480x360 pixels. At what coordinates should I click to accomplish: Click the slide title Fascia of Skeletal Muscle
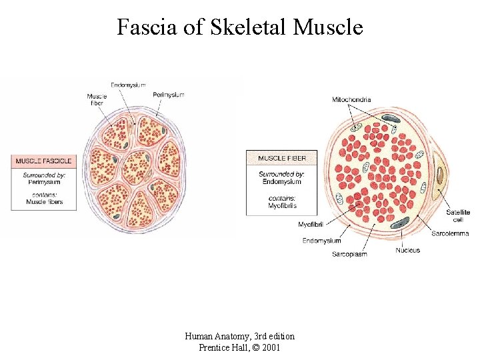tap(240, 27)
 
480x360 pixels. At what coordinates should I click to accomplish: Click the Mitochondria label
tap(351, 100)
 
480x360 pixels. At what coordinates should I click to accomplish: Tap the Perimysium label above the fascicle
tap(168, 95)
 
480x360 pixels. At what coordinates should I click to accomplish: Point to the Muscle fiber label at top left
tap(96, 100)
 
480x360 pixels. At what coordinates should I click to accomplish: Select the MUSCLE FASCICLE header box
tap(44, 161)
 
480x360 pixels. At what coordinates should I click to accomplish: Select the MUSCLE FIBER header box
tap(281, 158)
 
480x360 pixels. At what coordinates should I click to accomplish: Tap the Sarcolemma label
tap(450, 234)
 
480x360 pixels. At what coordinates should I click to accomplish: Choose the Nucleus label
tap(407, 250)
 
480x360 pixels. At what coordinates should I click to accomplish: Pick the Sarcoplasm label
tap(349, 254)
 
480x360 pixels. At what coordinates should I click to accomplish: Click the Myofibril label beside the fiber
tap(311, 224)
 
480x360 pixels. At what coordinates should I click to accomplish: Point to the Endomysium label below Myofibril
tap(321, 241)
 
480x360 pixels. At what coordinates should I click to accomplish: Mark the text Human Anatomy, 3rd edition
tap(239, 336)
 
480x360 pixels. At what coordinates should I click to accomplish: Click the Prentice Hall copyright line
tap(239, 347)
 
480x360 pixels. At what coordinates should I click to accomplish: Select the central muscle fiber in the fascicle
tap(137, 167)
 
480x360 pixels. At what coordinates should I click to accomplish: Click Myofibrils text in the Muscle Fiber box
tap(282, 205)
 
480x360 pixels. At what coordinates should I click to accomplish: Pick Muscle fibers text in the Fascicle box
tap(44, 201)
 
